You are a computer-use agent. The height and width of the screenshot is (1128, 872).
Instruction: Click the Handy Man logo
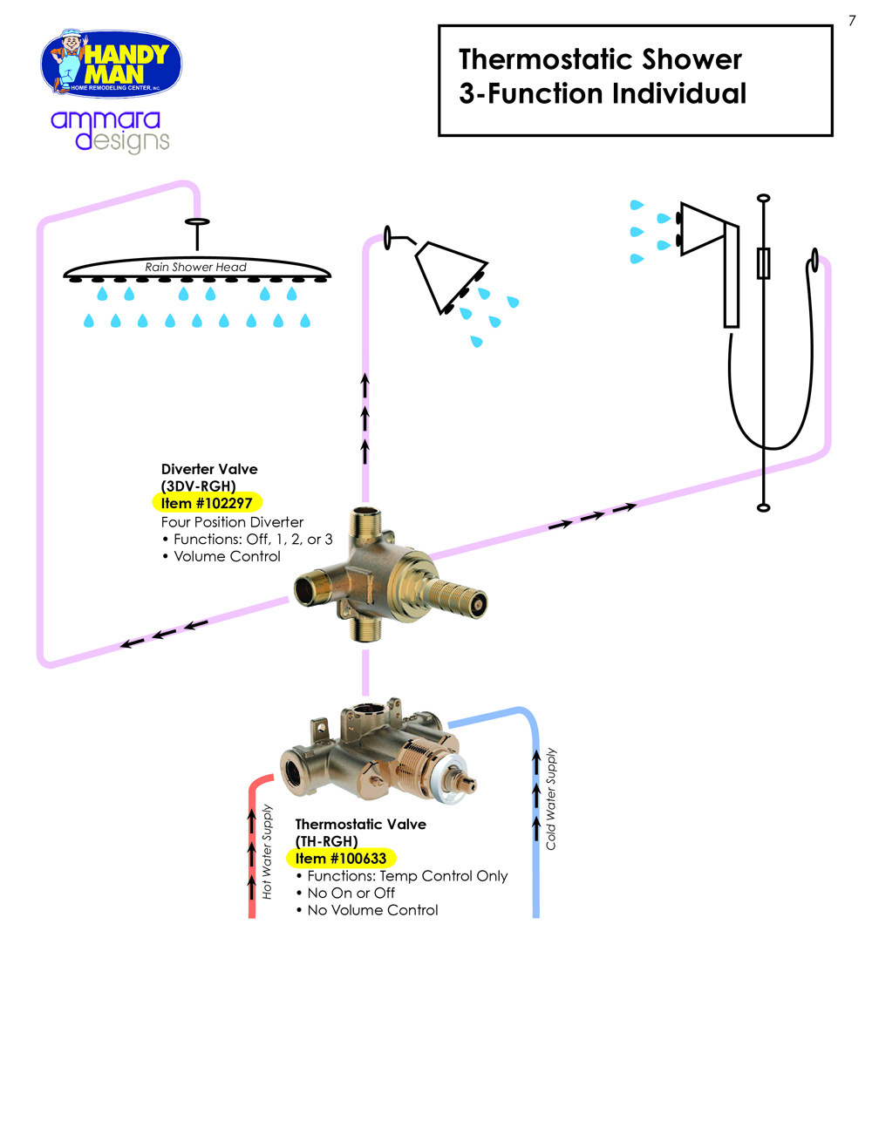point(112,64)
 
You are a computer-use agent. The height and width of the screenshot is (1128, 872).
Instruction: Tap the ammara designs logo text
point(109,130)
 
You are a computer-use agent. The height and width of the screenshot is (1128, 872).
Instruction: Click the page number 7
point(852,21)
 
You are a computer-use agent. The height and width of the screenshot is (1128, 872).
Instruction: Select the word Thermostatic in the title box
point(535,59)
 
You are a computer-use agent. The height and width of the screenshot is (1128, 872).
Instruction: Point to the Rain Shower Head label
point(195,267)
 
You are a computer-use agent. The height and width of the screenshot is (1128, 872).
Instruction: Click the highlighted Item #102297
point(207,503)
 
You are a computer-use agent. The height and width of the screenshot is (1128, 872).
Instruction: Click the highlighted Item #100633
point(341,858)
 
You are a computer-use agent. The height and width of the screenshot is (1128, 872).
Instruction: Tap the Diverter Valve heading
point(209,469)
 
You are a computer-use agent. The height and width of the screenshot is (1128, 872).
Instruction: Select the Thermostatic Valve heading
point(360,824)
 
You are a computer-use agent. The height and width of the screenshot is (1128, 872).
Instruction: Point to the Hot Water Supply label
point(268,852)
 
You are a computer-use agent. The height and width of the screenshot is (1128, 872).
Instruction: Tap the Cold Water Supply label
point(551,798)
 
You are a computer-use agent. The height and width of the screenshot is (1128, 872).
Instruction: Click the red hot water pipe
point(252,872)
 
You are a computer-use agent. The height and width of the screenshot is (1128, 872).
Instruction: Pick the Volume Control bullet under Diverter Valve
point(227,556)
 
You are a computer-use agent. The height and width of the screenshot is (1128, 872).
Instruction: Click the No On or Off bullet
point(351,893)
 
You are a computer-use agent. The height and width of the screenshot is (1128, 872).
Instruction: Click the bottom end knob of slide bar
point(764,507)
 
